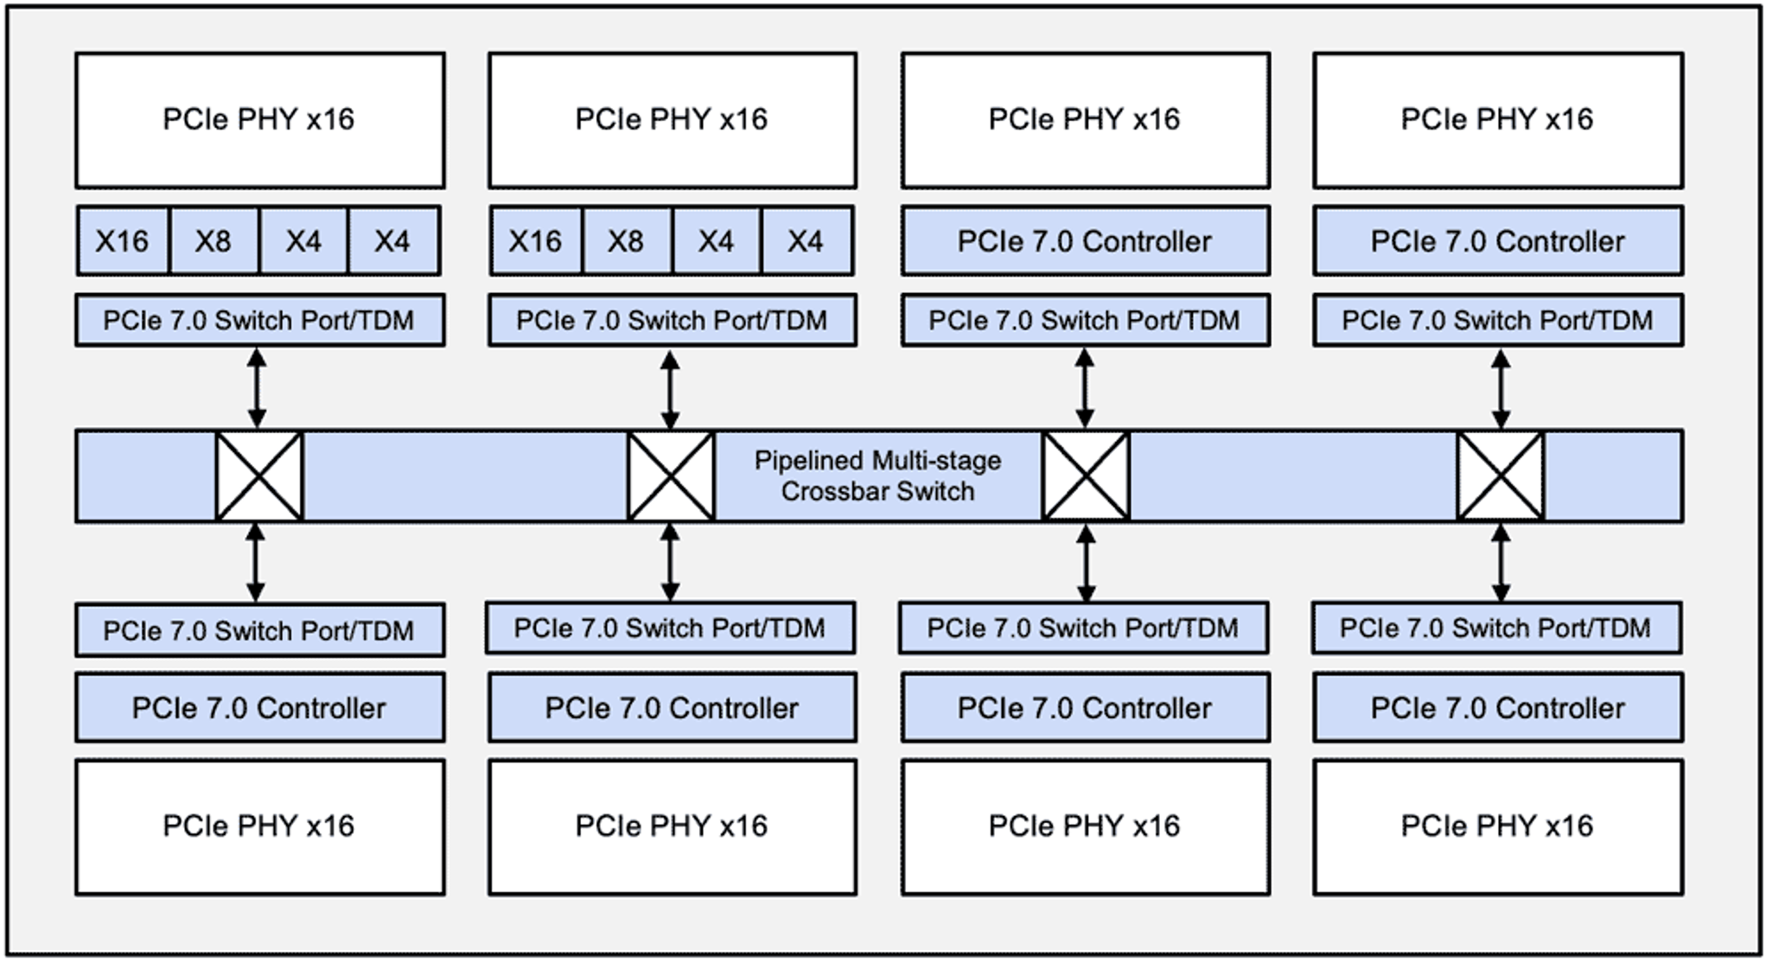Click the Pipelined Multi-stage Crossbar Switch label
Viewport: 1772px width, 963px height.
pyautogui.click(x=877, y=475)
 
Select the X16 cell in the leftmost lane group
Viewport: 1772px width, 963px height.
pyautogui.click(x=123, y=241)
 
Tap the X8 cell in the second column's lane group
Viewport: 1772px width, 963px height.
pyautogui.click(x=626, y=241)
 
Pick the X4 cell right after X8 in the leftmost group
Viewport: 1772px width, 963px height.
pyautogui.click(x=303, y=241)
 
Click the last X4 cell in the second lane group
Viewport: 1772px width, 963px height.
pyautogui.click(x=806, y=241)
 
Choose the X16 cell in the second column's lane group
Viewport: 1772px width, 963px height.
pyautogui.click(x=536, y=241)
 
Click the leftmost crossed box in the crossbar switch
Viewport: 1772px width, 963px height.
pyautogui.click(x=259, y=476)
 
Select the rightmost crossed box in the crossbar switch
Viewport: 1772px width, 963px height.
pyautogui.click(x=1501, y=476)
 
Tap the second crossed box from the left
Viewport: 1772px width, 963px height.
pyautogui.click(x=672, y=476)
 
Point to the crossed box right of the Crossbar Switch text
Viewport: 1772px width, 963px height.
pyautogui.click(x=1086, y=476)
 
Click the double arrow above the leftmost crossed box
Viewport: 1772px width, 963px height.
pyautogui.click(x=257, y=388)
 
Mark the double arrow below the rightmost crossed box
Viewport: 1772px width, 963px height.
pyautogui.click(x=1501, y=563)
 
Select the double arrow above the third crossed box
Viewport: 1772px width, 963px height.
pyautogui.click(x=1085, y=388)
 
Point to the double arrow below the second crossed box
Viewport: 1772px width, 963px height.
pyautogui.click(x=670, y=563)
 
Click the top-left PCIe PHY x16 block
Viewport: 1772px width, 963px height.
pyautogui.click(x=260, y=120)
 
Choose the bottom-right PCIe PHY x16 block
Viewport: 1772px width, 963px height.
pyautogui.click(x=1498, y=827)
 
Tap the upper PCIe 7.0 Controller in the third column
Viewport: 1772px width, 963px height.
pyautogui.click(x=1086, y=241)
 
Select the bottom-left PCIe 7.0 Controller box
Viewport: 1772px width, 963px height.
pyautogui.click(x=260, y=708)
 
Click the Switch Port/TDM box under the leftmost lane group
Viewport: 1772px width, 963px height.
pyautogui.click(x=260, y=321)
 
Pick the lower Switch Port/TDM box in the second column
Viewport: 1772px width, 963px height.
pyautogui.click(x=671, y=628)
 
